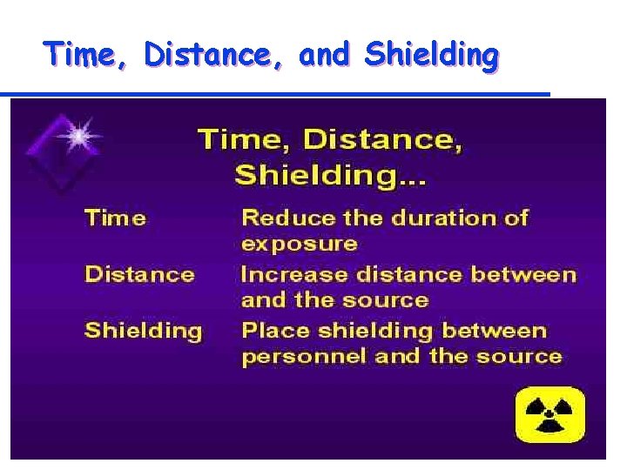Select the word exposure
click(299, 243)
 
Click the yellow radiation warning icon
click(549, 415)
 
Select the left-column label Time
click(115, 218)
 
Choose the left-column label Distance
click(139, 274)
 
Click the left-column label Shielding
click(143, 331)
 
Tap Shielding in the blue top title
click(432, 55)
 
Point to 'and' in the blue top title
click(324, 55)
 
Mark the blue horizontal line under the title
click(275, 93)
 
